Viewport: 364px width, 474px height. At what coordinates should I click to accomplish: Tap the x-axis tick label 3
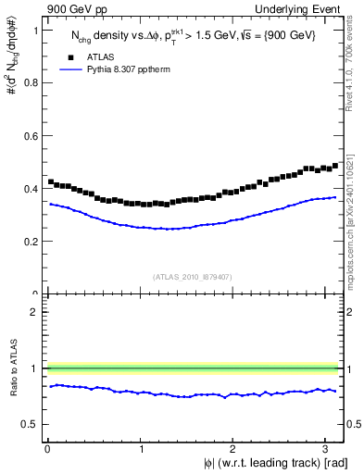[328, 449]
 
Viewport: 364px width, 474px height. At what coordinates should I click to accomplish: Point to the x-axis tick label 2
[234, 449]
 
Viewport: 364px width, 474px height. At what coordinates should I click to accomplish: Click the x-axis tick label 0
[47, 449]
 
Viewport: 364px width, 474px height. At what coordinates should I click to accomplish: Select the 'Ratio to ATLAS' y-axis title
[11, 368]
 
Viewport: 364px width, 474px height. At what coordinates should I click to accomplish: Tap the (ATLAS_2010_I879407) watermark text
[193, 275]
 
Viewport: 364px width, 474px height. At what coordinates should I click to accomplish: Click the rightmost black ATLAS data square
[335, 166]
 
